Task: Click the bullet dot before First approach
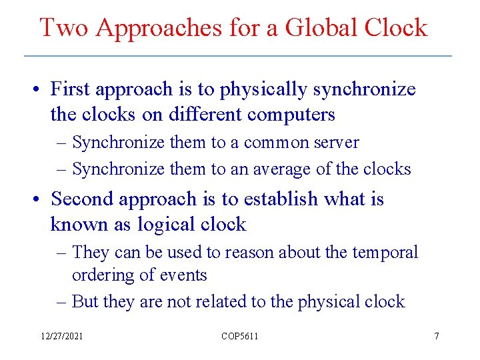click(41, 89)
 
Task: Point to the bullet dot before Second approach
click(41, 199)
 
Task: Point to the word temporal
click(387, 253)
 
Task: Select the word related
click(221, 301)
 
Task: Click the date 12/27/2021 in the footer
click(61, 336)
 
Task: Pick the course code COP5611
click(239, 336)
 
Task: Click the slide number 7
click(437, 336)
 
